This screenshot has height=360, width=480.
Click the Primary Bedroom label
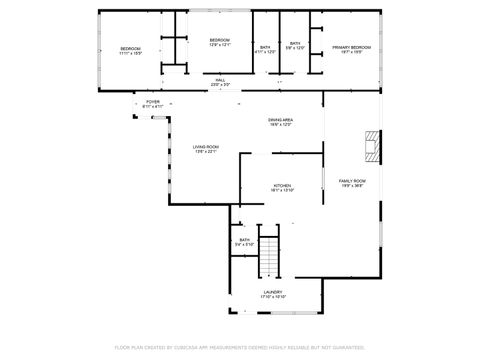346,47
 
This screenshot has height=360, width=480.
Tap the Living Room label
205,148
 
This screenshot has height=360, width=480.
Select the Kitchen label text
282,186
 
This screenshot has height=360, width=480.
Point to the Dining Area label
280,120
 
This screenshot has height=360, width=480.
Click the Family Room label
352,181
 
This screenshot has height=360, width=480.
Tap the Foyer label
153,101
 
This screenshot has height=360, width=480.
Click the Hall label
220,81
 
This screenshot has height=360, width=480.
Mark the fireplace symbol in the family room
372,146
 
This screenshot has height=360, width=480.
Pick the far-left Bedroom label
131,49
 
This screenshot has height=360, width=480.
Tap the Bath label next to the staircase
244,240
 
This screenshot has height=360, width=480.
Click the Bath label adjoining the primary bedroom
294,44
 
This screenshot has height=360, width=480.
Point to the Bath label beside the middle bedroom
265,46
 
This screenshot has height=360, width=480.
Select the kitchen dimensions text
282,191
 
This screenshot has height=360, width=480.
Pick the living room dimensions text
205,152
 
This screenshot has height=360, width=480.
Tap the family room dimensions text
352,186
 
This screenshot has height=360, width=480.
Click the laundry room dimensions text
273,297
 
